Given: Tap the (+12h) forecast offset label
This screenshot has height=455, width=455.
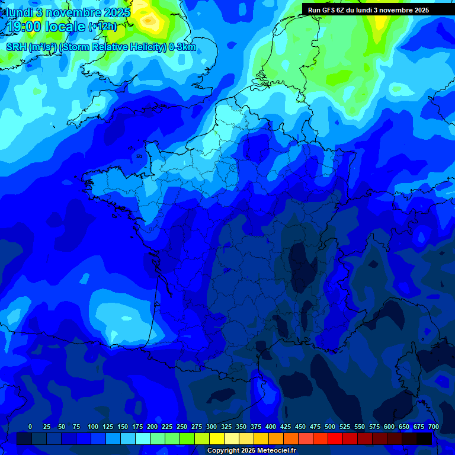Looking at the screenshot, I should (102, 27).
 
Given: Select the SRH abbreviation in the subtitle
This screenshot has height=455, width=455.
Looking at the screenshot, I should (16, 47).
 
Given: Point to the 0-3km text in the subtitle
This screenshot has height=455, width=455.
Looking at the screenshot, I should (182, 47).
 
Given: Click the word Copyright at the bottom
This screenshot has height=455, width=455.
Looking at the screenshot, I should (223, 451).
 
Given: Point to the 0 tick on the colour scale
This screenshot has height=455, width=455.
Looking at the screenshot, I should (30, 427).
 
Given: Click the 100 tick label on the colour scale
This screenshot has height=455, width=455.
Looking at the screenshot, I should (93, 427).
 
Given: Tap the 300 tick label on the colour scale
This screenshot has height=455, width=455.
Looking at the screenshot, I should (212, 427).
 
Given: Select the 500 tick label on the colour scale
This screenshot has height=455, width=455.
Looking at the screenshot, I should (330, 427).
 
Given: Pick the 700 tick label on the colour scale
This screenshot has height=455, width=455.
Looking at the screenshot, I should (434, 427).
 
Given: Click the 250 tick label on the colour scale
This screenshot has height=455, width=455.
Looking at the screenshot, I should (182, 427).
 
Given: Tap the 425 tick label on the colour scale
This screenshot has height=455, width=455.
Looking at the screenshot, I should (286, 427).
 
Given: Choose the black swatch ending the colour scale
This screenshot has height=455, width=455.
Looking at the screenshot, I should (424, 438).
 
